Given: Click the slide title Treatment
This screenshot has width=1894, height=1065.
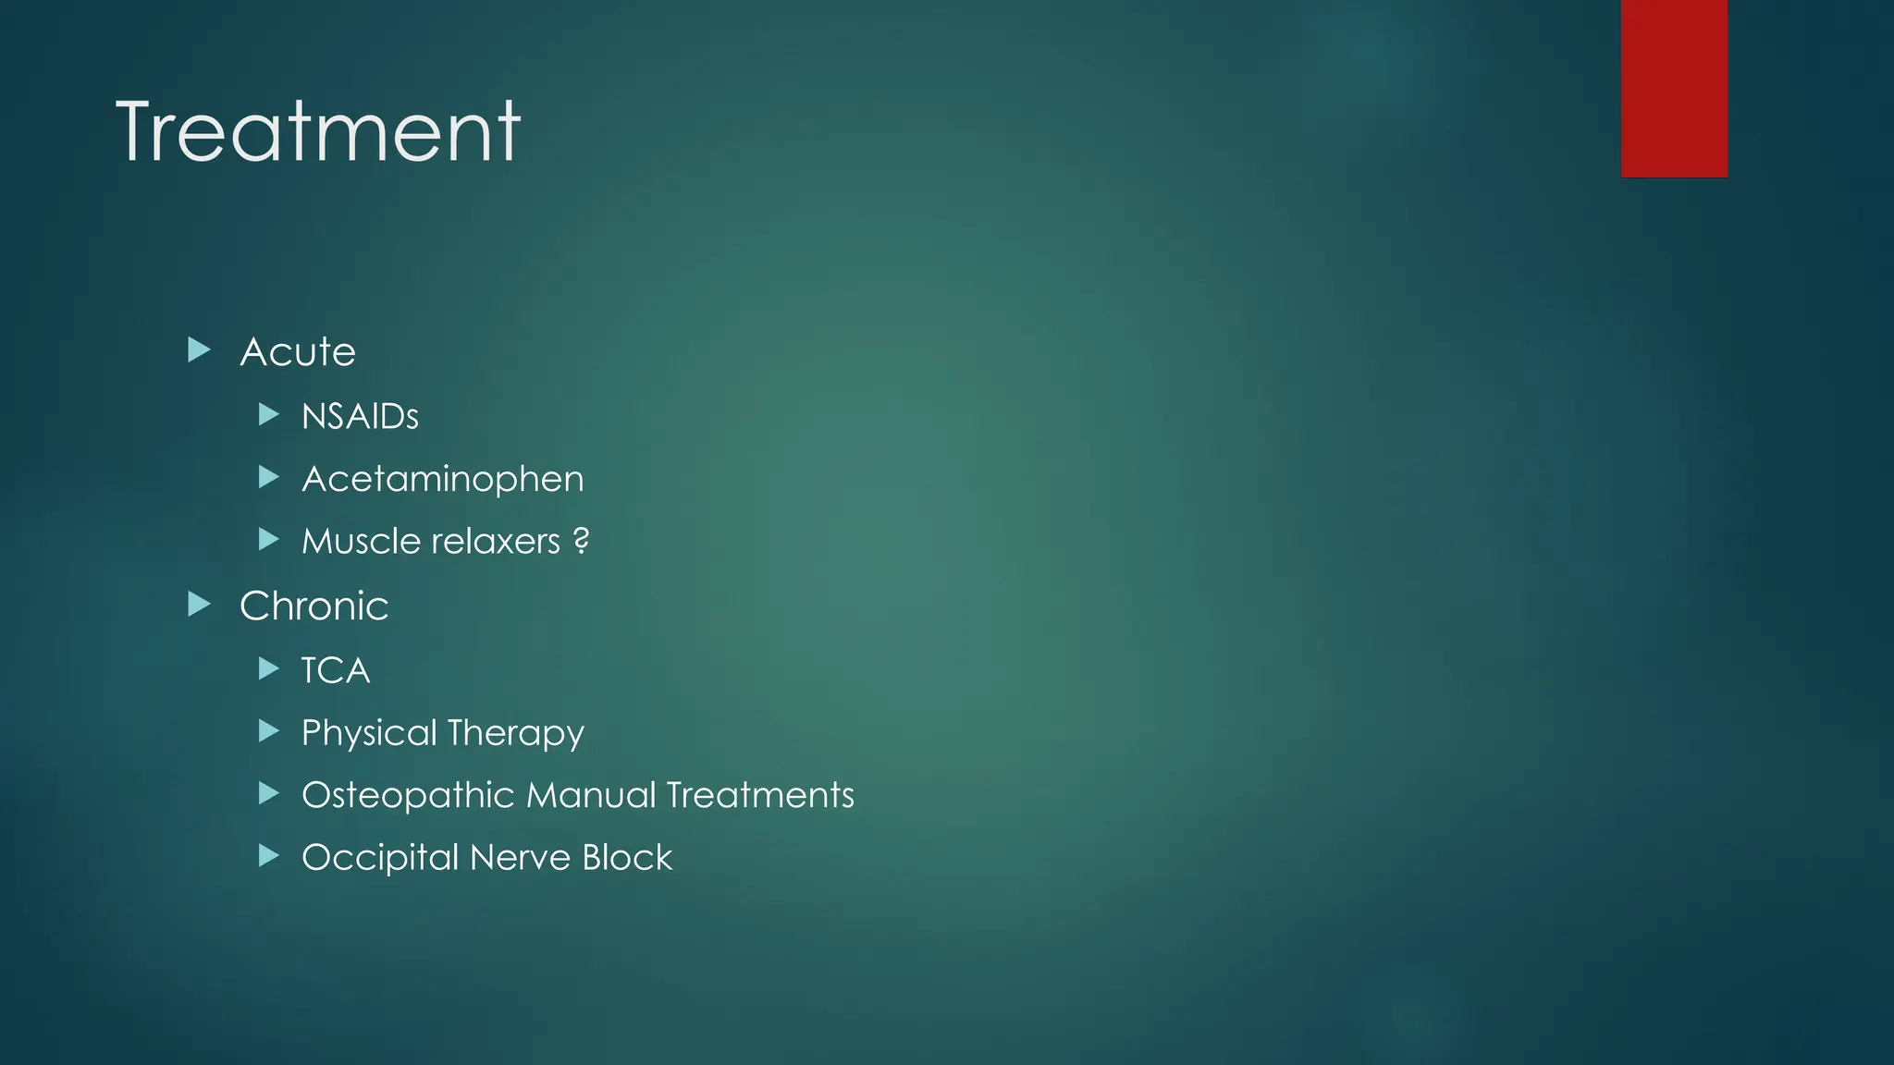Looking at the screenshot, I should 318,132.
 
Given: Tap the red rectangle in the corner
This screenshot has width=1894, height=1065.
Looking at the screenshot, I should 1673,88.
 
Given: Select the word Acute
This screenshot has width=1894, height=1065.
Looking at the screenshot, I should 298,352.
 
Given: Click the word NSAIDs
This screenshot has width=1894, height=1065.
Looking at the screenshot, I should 360,417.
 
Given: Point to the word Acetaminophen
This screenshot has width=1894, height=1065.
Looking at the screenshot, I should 442,479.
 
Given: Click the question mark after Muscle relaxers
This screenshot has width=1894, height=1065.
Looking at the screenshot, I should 581,540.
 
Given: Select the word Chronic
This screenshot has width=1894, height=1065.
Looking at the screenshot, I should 314,606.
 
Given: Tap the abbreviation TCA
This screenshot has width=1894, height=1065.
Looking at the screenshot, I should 336,671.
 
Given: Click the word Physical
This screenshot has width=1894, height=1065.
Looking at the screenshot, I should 369,733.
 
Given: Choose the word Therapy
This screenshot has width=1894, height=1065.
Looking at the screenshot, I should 516,733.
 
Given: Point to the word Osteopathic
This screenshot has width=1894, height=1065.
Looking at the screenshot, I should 408,795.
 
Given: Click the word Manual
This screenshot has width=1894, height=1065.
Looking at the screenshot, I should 591,795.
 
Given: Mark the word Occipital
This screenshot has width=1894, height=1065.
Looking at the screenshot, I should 380,858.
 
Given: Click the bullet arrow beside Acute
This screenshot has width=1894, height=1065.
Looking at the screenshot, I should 199,349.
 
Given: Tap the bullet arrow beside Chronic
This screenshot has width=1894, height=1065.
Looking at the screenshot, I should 199,605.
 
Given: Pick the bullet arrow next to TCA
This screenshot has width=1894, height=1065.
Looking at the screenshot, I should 268,668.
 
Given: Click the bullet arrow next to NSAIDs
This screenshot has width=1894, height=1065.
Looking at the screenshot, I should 268,414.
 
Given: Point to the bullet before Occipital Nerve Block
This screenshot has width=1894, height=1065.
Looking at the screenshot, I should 268,855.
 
